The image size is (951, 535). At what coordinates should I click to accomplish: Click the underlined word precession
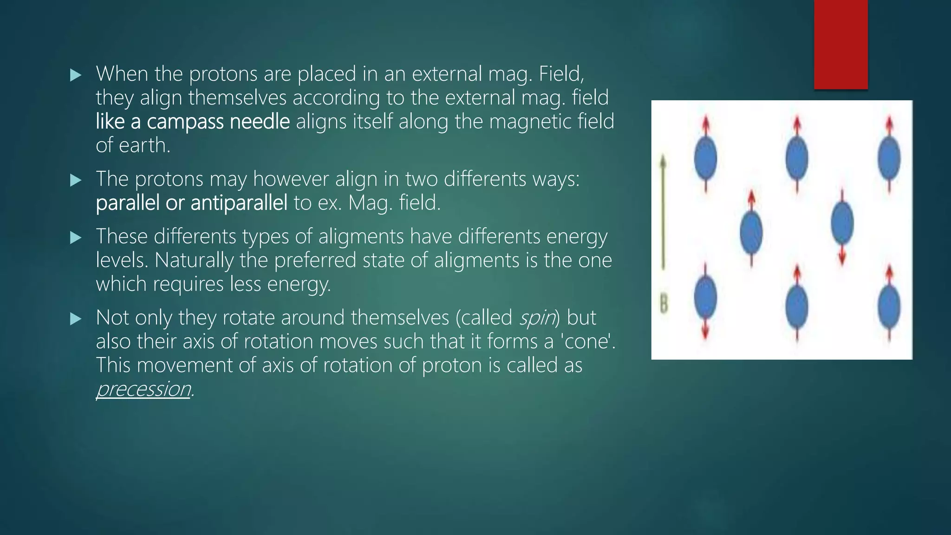pos(143,389)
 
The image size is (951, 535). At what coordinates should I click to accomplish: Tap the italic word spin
pos(537,318)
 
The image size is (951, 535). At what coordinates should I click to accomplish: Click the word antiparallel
pos(239,203)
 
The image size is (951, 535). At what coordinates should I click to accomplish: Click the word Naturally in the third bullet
pos(194,261)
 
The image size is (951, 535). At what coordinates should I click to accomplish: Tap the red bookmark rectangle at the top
pos(840,45)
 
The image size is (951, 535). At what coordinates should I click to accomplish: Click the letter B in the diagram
pos(664,305)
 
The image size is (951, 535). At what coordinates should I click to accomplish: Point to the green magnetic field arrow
pos(663,214)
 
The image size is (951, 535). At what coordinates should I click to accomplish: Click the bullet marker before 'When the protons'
pos(76,75)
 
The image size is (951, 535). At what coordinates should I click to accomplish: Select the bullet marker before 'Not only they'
pos(76,319)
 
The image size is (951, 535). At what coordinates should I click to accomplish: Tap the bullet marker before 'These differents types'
pos(76,238)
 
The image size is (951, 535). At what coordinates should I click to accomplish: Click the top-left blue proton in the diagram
pos(705,158)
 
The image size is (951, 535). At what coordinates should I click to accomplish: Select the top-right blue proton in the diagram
pos(889,158)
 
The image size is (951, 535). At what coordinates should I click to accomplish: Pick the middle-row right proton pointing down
pos(842,224)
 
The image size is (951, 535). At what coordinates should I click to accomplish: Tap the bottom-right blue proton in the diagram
pos(889,307)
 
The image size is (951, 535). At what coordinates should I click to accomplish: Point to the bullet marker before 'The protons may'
pos(76,180)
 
